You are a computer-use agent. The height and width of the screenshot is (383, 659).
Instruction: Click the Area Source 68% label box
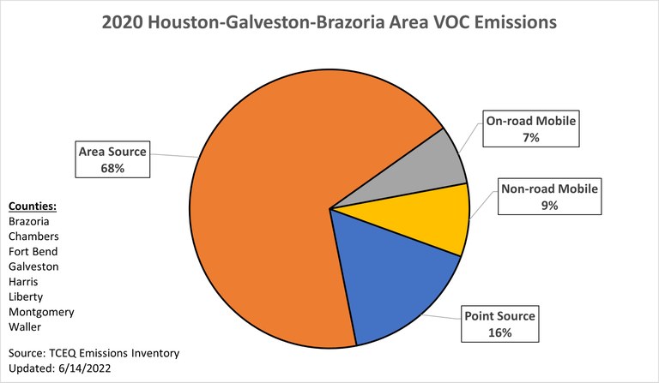click(112, 160)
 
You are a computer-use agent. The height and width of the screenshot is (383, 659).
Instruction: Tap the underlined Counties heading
click(33, 206)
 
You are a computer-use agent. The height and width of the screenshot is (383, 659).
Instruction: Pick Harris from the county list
click(24, 282)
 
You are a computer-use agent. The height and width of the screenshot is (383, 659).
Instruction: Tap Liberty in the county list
click(25, 296)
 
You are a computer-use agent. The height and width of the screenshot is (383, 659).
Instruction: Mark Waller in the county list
click(24, 327)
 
